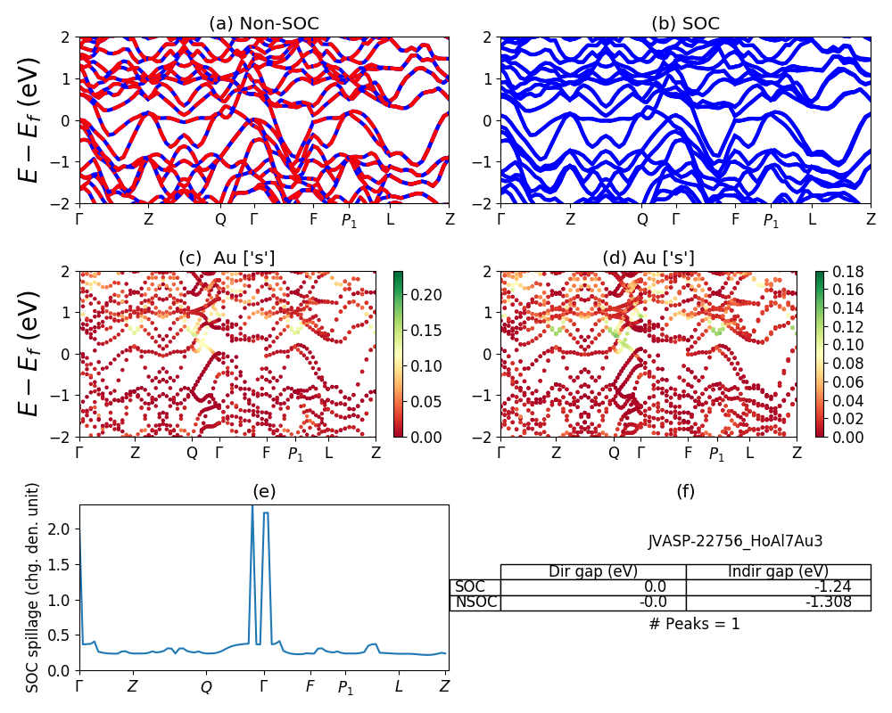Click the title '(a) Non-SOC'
coord(263,23)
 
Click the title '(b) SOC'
coord(685,23)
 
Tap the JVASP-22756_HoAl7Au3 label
coord(735,541)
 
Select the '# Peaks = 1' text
coord(694,624)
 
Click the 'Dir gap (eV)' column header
coord(592,571)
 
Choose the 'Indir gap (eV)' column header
coord(778,571)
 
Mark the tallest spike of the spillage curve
coord(252,507)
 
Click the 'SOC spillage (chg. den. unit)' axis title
coord(32,587)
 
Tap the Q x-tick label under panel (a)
coord(221,218)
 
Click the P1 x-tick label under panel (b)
coord(771,220)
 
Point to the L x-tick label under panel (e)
coord(399,686)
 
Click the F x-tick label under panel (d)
coord(688,453)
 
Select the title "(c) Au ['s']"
coord(227,258)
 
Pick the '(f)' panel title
coord(685,491)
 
